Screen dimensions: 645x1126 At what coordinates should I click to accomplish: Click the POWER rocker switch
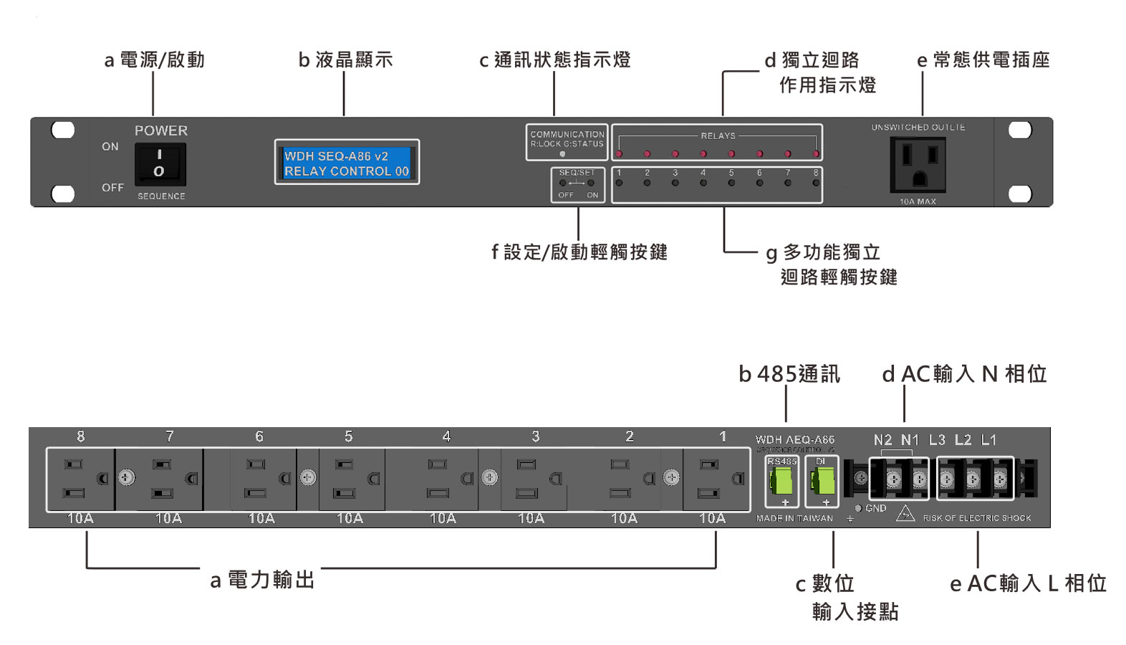click(x=160, y=163)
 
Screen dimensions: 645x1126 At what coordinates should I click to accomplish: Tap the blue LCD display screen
click(x=347, y=163)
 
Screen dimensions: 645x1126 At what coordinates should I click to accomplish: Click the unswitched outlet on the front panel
click(x=918, y=163)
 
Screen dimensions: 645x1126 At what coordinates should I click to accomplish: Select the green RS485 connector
click(x=781, y=479)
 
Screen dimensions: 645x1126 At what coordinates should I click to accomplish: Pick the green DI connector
click(x=821, y=479)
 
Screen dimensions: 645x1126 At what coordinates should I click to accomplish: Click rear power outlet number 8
click(x=80, y=479)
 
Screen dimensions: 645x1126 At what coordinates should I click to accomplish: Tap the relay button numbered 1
click(x=619, y=183)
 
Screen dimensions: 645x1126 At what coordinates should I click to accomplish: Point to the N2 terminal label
click(x=882, y=440)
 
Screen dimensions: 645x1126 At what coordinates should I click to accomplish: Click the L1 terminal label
click(x=988, y=440)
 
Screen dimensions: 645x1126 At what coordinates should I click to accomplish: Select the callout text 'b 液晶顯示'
click(x=345, y=60)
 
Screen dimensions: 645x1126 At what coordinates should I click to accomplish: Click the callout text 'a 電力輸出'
click(x=262, y=580)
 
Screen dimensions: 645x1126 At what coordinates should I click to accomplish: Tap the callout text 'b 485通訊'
click(x=789, y=374)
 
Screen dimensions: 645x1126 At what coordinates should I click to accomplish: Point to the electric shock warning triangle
click(x=905, y=513)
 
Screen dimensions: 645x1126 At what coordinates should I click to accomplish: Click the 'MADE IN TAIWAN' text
click(x=794, y=518)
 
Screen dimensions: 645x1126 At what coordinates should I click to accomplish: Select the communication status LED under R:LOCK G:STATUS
click(x=562, y=153)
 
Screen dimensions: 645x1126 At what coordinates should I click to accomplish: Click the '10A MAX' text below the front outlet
click(x=918, y=201)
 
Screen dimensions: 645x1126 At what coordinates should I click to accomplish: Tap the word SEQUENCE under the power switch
click(x=161, y=196)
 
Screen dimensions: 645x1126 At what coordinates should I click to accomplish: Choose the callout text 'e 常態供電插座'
click(x=983, y=60)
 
